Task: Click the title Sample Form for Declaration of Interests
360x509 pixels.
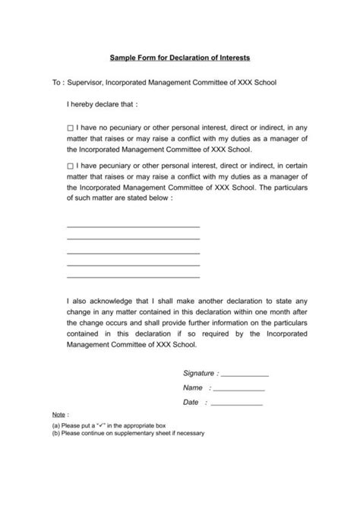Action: [180, 57]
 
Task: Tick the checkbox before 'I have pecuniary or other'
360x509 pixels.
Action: [71, 164]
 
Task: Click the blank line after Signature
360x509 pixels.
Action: [245, 375]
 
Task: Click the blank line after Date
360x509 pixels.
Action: [236, 403]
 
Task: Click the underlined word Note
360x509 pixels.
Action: [58, 417]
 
